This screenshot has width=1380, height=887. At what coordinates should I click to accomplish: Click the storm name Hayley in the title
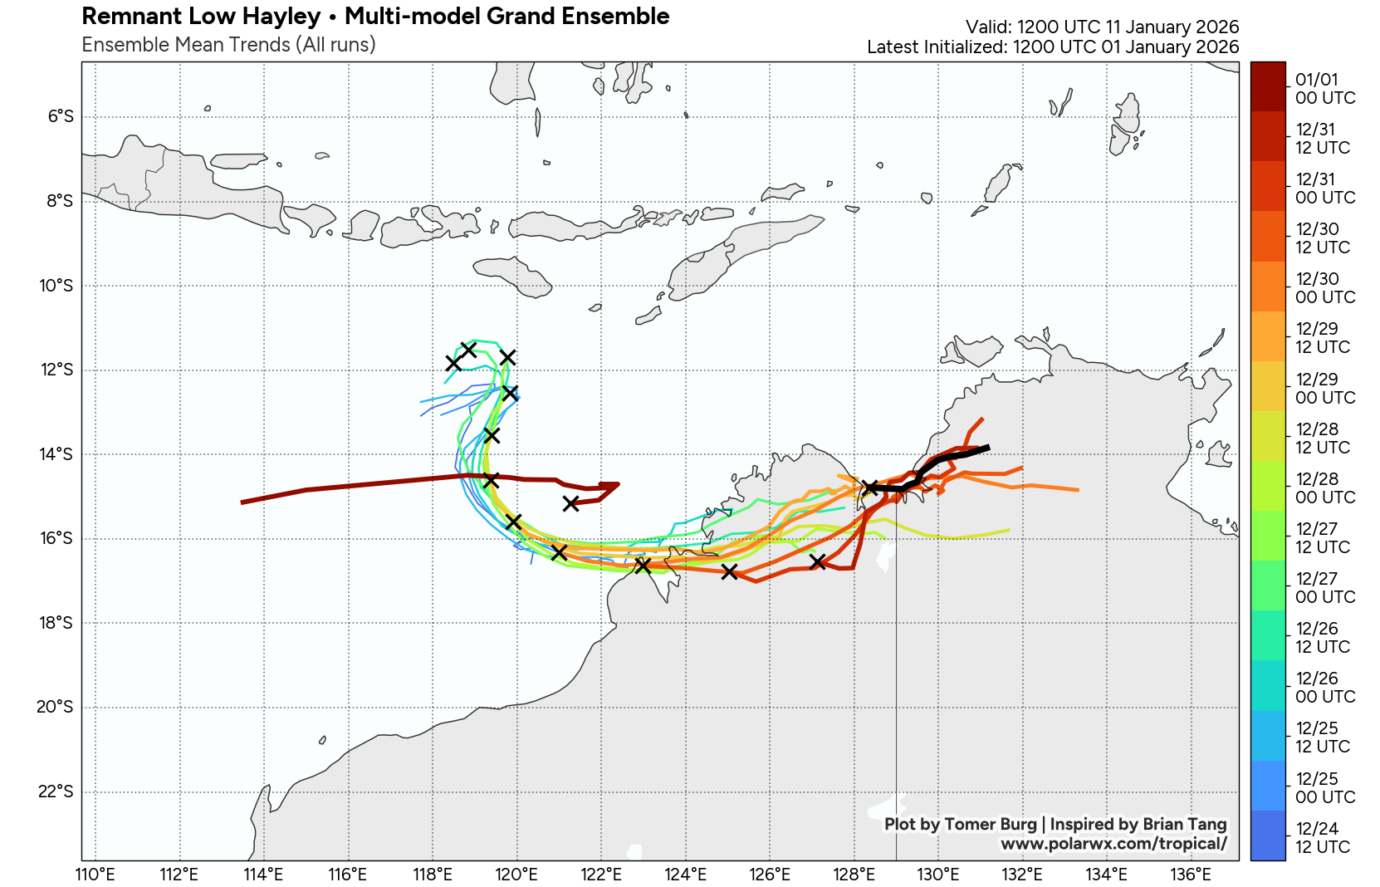point(281,16)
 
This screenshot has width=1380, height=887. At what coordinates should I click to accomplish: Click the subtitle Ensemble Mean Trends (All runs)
point(228,45)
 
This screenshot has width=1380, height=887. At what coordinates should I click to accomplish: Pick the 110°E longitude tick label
point(95,874)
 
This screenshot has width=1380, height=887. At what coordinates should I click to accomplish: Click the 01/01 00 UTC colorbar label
point(1324,89)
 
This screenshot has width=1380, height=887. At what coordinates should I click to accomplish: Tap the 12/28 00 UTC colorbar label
point(1324,488)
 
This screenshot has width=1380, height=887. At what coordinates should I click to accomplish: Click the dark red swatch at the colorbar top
point(1268,86)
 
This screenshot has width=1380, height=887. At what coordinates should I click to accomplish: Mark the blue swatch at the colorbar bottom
point(1268,836)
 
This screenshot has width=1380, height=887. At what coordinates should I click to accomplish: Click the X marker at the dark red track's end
point(571,503)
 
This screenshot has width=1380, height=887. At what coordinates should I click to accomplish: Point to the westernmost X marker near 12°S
point(453,363)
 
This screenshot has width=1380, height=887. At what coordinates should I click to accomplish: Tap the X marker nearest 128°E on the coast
point(870,487)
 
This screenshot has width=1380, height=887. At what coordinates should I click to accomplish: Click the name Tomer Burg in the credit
point(991,824)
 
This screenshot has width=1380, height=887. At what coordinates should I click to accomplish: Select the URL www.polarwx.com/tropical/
point(1113,844)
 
